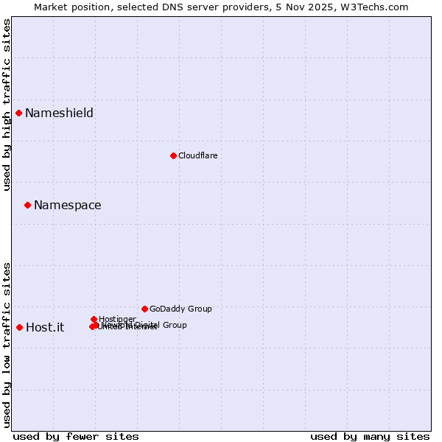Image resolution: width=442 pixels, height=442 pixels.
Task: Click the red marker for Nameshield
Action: click(18, 113)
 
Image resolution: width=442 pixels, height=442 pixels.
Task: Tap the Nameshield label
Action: click(59, 113)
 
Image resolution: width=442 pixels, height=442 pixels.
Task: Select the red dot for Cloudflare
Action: click(173, 155)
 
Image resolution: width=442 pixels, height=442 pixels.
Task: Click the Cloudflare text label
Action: click(197, 155)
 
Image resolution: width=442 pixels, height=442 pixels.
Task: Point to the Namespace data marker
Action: click(27, 205)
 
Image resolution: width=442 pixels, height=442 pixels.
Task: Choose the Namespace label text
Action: click(67, 205)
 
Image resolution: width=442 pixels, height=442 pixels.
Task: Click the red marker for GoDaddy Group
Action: click(144, 309)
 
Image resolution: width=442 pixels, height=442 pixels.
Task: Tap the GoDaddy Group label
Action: click(180, 309)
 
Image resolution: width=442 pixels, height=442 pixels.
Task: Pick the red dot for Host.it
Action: click(19, 327)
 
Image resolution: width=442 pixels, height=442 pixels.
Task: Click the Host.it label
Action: click(45, 327)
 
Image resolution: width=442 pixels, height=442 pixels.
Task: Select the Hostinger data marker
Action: click(94, 319)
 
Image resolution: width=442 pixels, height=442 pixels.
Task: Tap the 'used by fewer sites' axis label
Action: click(76, 436)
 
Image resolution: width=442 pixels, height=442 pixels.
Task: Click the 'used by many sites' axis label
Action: click(370, 436)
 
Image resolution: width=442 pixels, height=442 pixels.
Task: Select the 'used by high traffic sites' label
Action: click(7, 105)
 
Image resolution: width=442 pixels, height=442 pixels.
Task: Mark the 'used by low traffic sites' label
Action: click(7, 345)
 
